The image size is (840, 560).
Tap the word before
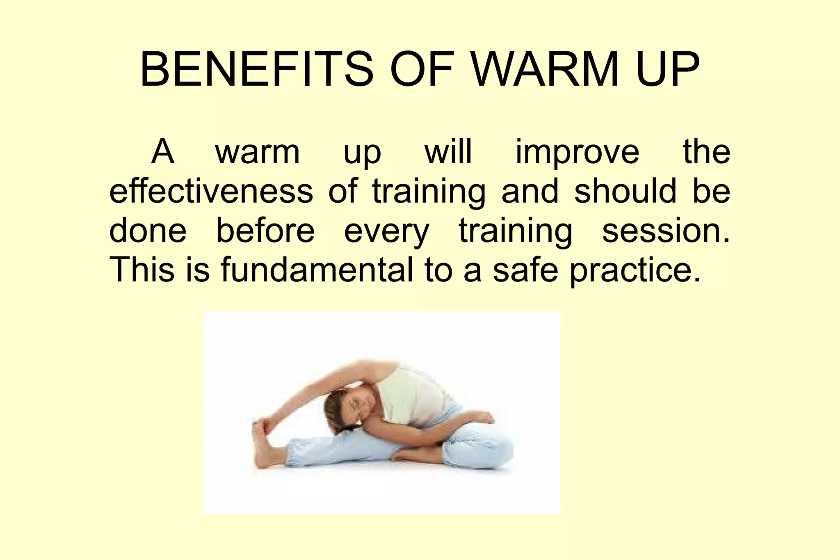click(265, 231)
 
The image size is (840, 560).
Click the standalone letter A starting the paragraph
click(163, 152)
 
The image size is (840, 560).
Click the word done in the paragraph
click(148, 231)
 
